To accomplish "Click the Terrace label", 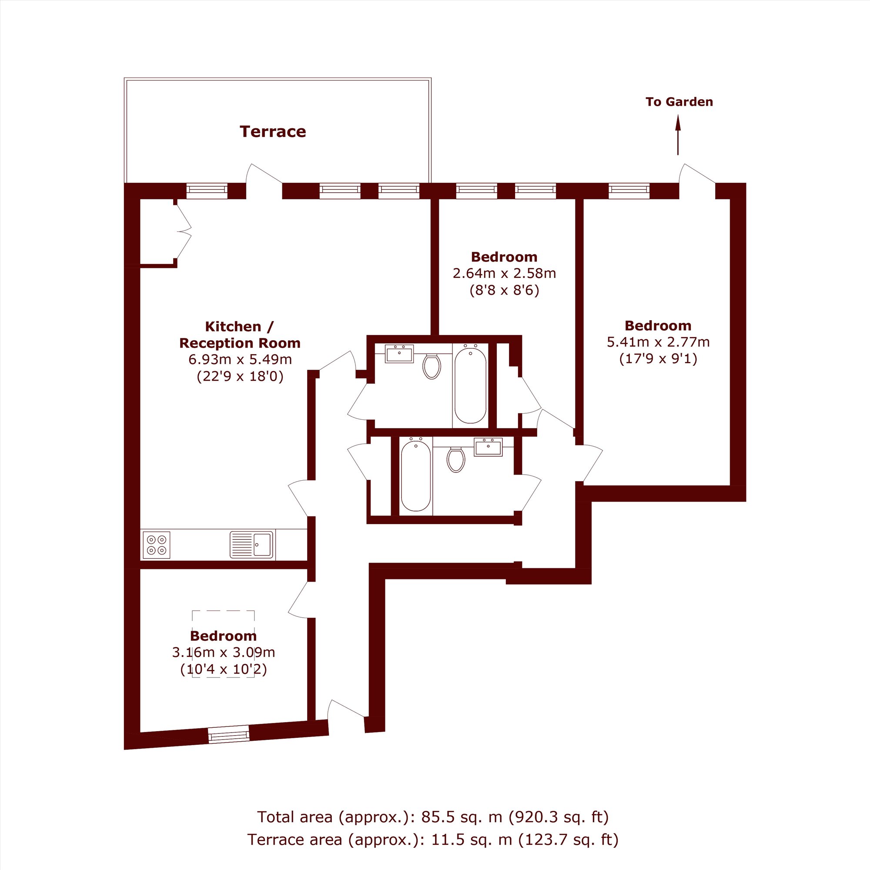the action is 272,131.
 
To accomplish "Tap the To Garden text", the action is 679,102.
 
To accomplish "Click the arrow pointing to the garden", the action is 678,135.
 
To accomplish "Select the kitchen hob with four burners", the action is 156,545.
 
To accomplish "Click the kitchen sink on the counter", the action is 251,545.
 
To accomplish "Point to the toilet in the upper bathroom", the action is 432,366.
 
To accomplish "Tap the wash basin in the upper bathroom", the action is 399,354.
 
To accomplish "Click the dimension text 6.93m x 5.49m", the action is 240,359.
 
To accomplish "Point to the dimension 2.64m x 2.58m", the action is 504,273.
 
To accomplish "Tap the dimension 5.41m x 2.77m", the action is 658,342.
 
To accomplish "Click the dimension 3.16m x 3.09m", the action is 223,652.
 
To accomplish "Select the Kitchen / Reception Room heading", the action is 240,335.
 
